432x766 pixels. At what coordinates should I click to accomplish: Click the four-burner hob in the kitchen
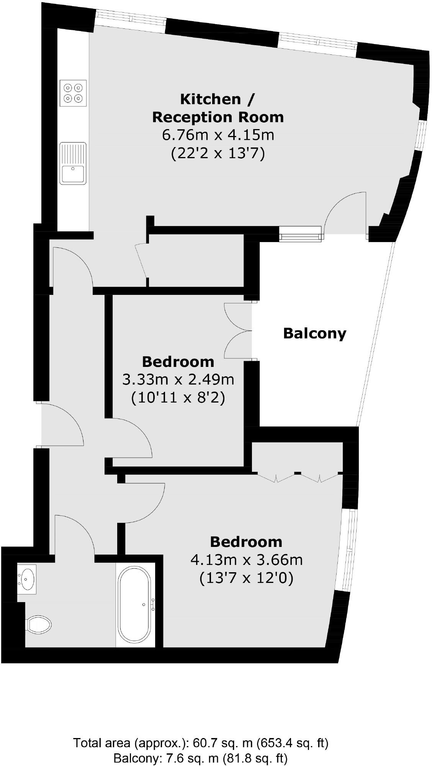[x=73, y=93]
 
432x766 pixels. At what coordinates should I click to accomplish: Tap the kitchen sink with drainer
[x=73, y=163]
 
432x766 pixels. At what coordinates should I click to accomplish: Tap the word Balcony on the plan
[x=314, y=333]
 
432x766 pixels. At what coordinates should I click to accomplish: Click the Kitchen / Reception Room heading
[x=218, y=108]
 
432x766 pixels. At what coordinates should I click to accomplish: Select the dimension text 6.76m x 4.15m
[x=218, y=135]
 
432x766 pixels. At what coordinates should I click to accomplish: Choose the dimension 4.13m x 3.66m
[x=246, y=560]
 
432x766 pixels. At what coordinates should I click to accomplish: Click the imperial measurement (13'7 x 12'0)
[x=246, y=578]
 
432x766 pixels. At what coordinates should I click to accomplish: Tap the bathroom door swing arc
[x=77, y=534]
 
